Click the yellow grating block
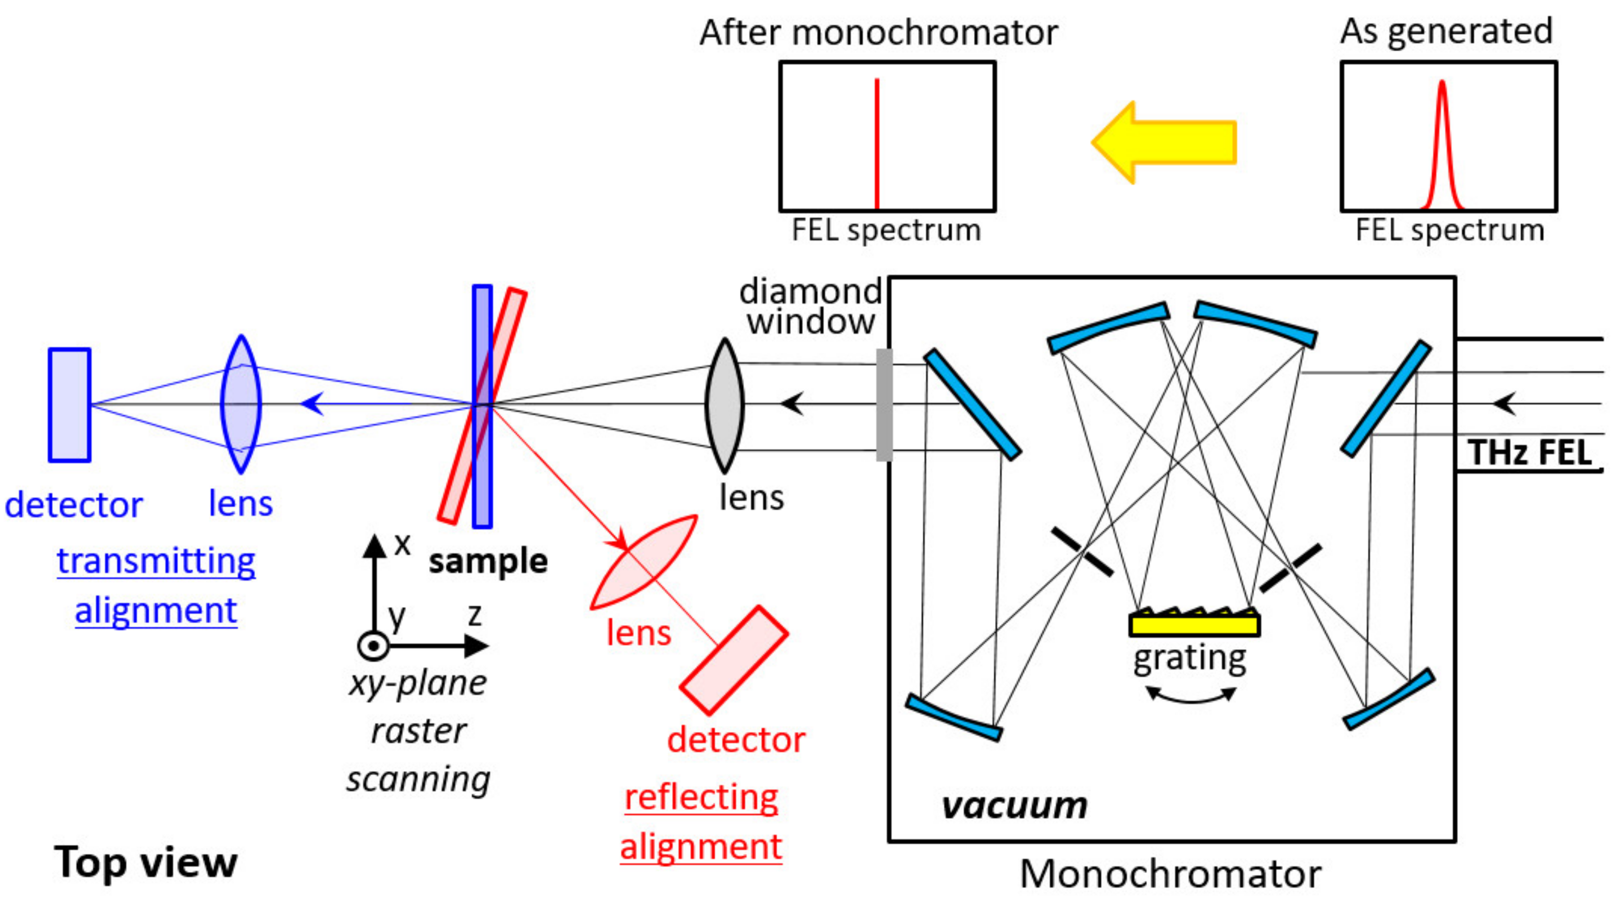pos(1194,625)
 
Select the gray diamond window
pos(883,405)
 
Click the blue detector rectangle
pos(70,405)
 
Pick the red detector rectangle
pos(734,660)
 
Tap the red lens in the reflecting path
pos(643,562)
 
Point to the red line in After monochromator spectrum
pos(877,144)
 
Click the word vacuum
pos(1014,806)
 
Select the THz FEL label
pos(1529,452)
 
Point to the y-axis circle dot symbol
pos(373,646)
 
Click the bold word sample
pos(488,561)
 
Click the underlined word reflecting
pos(701,798)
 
